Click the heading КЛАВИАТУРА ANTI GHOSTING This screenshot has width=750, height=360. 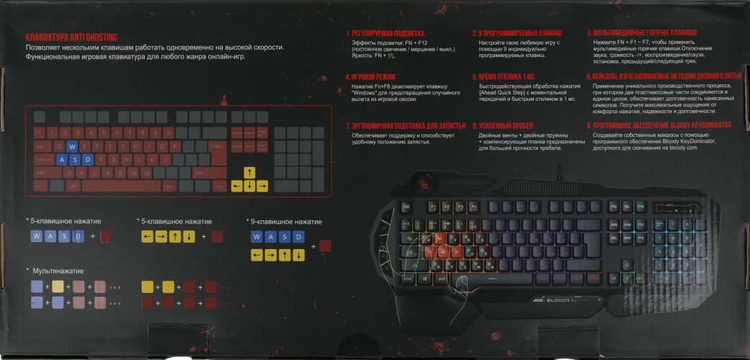point(71,37)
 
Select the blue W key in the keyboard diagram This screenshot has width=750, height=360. point(71,146)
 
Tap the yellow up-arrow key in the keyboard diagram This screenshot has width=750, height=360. point(249,172)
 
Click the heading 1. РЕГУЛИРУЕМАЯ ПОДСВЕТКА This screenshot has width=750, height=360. point(385,33)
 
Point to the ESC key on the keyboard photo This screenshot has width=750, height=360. point(406,207)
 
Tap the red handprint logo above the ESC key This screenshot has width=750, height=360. point(416,190)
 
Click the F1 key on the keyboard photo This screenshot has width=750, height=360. point(434,207)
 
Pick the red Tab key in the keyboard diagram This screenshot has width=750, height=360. point(42,146)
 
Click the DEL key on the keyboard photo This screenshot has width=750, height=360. point(614,237)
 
